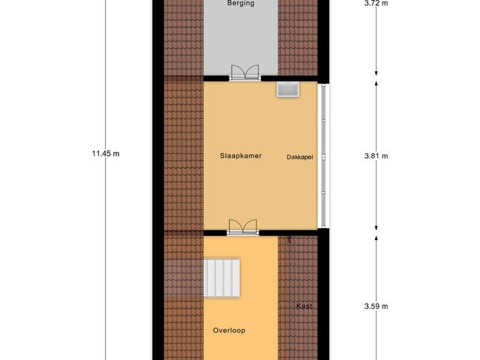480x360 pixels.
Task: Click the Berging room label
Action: [241, 3]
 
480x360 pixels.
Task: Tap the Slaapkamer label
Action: [240, 156]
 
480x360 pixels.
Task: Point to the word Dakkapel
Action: [299, 157]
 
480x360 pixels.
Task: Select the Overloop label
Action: [229, 330]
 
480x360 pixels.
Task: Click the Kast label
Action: [304, 306]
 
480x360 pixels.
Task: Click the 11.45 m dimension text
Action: [106, 154]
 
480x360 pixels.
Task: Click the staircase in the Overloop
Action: [223, 277]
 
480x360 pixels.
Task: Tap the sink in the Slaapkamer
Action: [287, 90]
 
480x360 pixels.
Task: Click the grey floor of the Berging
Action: [241, 41]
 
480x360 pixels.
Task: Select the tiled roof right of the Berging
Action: [298, 37]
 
